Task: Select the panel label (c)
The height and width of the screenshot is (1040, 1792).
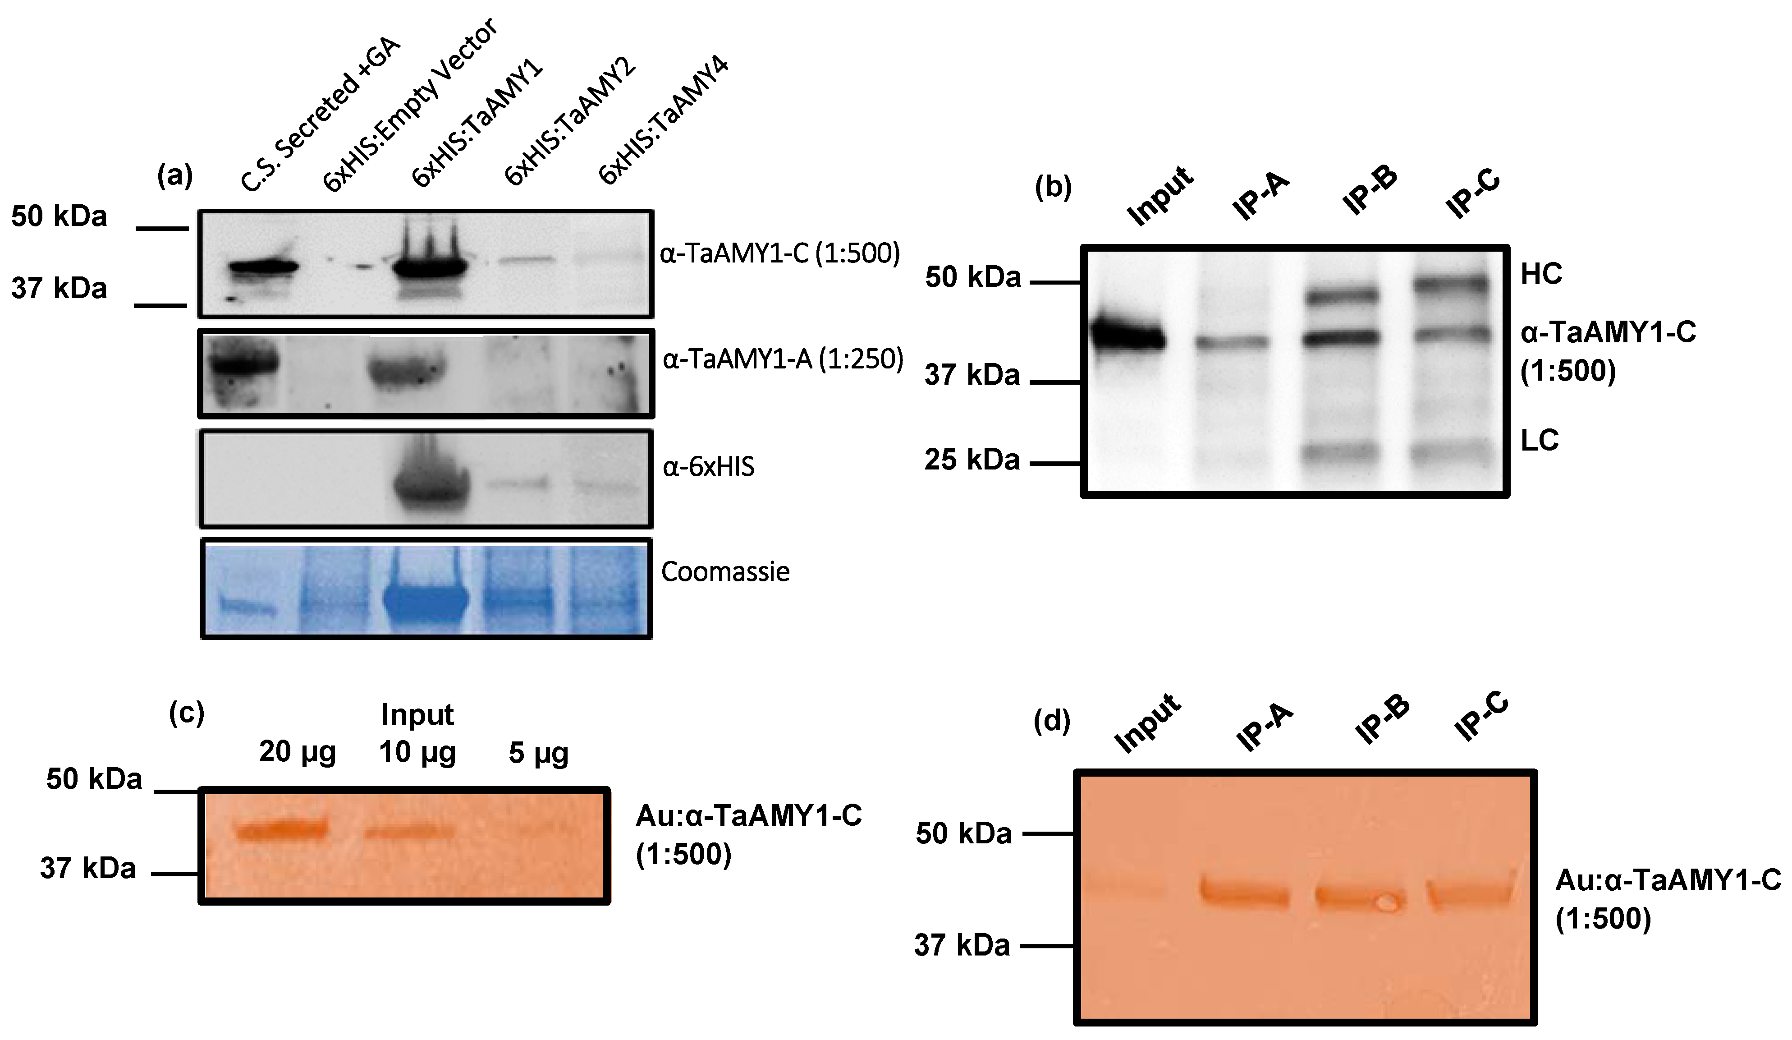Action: coord(186,712)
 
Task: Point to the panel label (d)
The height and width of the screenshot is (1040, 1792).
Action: coord(1052,721)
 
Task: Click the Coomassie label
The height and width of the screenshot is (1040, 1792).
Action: coord(725,572)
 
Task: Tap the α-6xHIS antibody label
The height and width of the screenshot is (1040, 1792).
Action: coord(708,467)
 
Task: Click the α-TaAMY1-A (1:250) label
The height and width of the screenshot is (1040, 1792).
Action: coord(782,360)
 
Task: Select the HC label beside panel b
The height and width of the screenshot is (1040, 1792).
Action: coord(1541,274)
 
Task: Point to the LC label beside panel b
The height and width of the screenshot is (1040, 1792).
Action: coord(1539,440)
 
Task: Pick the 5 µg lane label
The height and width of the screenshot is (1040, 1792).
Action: coord(538,753)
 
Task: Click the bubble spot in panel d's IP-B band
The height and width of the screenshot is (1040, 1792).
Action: coord(1384,903)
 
